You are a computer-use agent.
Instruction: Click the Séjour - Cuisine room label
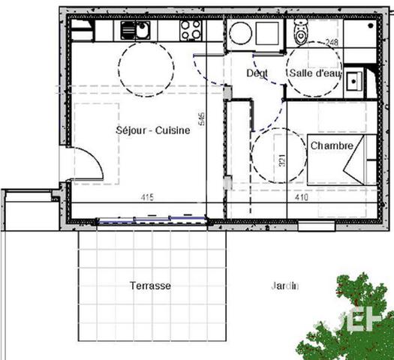[152, 130]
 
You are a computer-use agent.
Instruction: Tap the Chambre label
[331, 145]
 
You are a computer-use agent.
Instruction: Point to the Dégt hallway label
[258, 73]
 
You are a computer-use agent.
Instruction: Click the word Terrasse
[150, 286]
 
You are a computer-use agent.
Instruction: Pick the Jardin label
[284, 285]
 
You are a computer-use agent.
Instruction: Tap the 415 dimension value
[147, 197]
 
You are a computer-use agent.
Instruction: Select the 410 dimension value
[301, 198]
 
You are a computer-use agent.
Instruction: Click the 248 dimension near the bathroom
[332, 42]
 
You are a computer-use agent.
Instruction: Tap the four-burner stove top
[191, 30]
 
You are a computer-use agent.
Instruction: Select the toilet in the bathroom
[302, 32]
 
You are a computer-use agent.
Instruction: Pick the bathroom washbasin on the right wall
[354, 79]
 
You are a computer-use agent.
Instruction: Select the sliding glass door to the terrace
[153, 220]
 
